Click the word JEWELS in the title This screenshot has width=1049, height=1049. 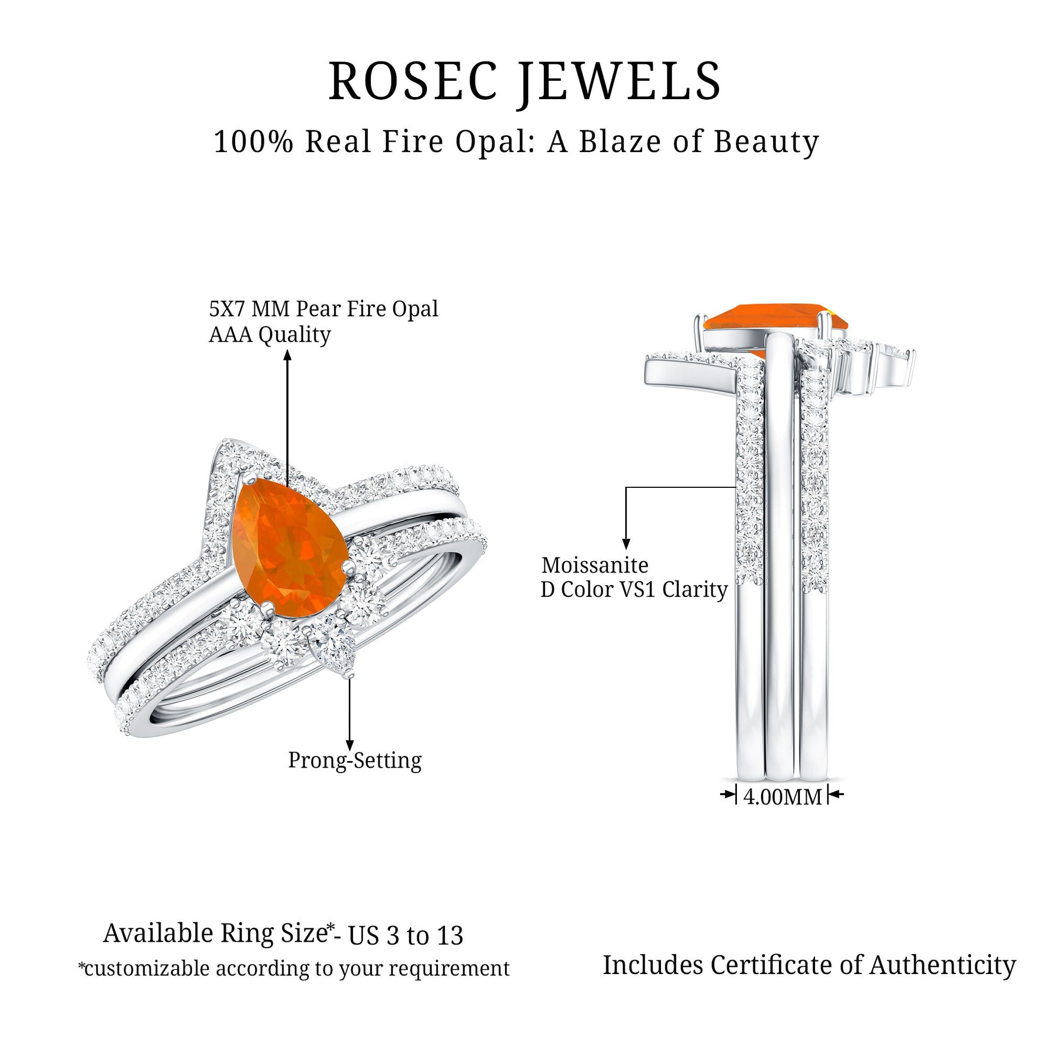pyautogui.click(x=619, y=82)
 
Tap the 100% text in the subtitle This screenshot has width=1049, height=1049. pyautogui.click(x=253, y=142)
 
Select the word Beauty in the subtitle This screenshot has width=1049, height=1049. pyautogui.click(x=765, y=143)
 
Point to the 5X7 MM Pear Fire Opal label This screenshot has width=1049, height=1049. pyautogui.click(x=323, y=309)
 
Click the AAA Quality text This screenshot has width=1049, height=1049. pyautogui.click(x=270, y=334)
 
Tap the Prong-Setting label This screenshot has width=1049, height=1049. pyautogui.click(x=355, y=760)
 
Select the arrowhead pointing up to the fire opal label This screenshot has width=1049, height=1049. pyautogui.click(x=287, y=355)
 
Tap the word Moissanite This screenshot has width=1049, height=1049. pyautogui.click(x=595, y=566)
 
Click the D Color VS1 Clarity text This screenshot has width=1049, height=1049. pyautogui.click(x=633, y=590)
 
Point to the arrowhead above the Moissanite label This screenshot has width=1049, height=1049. pyautogui.click(x=626, y=544)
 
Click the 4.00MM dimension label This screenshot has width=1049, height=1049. pyautogui.click(x=782, y=797)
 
